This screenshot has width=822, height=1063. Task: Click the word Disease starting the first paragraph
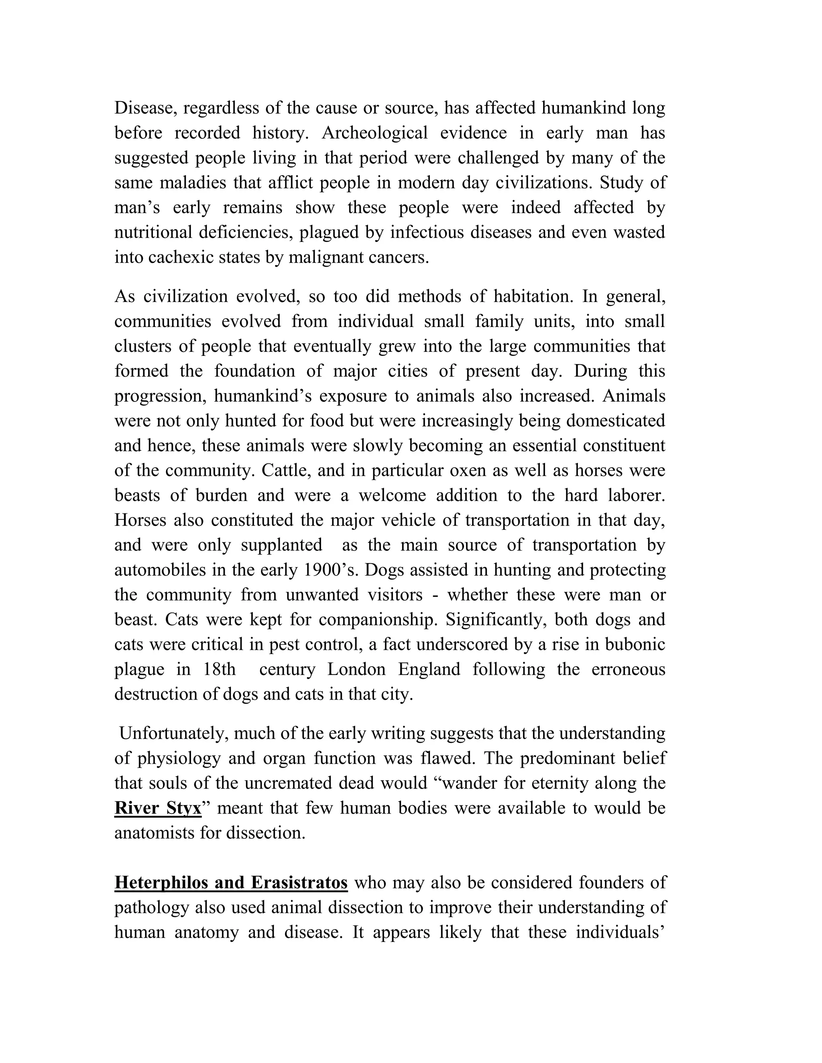pyautogui.click(x=145, y=108)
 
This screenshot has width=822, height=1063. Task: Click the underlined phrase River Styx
pyautogui.click(x=158, y=808)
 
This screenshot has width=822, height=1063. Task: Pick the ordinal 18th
pyautogui.click(x=219, y=669)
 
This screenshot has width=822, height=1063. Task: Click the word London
pyautogui.click(x=356, y=669)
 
